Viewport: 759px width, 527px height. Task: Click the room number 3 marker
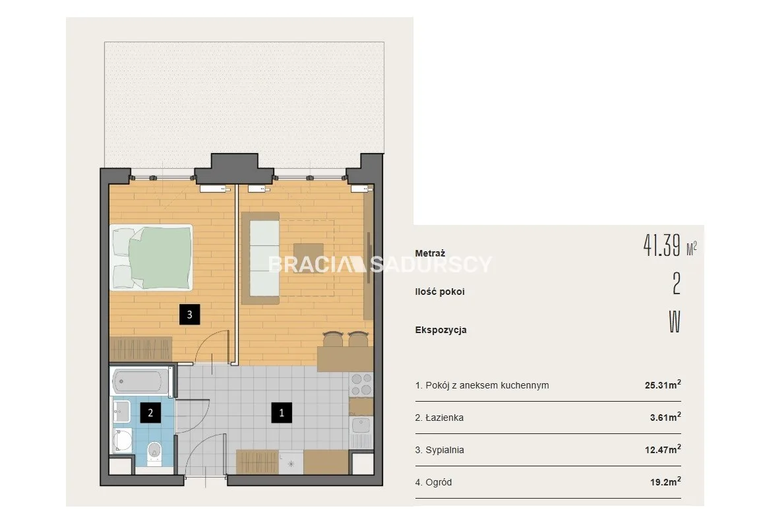point(189,315)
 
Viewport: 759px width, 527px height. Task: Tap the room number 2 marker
point(150,413)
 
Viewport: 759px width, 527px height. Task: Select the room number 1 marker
point(281,413)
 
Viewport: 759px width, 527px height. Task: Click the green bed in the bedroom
point(151,257)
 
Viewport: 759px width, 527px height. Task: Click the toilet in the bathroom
point(154,453)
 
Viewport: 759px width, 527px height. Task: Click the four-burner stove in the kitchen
point(361,385)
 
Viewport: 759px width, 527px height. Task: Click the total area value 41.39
point(661,245)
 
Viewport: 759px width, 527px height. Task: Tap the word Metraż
point(430,253)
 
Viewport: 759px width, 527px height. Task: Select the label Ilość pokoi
point(440,292)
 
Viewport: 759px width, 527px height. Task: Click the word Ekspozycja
point(440,330)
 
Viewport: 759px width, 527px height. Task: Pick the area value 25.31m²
point(663,385)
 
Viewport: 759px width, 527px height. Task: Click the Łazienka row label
point(439,418)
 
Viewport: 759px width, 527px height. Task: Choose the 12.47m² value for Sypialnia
point(663,449)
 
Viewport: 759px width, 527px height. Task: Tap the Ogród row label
point(433,482)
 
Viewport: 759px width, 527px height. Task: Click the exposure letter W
point(675,322)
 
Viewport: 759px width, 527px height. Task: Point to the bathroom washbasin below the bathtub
point(121,411)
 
